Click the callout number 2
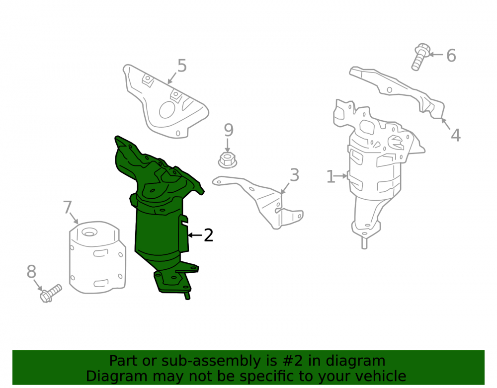coord(208,235)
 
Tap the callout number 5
coord(182,66)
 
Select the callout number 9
coord(229,130)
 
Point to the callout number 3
coord(294,175)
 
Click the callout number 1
coord(331,176)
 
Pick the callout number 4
coord(455,135)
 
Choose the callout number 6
coord(451,56)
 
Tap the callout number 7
coord(68,208)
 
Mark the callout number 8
coord(31,272)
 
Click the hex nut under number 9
coord(228,159)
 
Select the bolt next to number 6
coord(420,57)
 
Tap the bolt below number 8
coord(50,293)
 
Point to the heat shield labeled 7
coord(97,258)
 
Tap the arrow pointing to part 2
coord(195,235)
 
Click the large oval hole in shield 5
coord(167,110)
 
